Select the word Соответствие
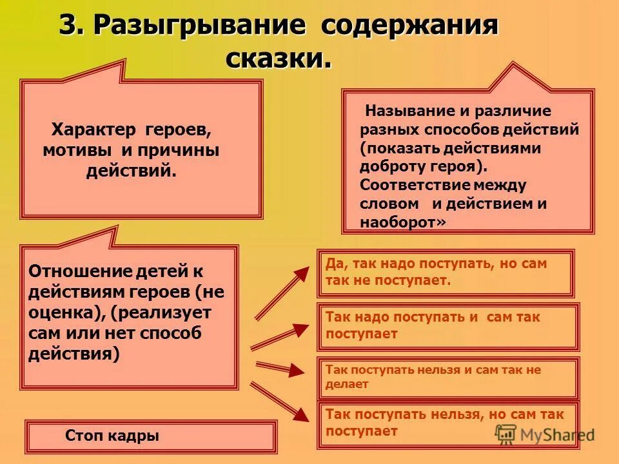(x=415, y=185)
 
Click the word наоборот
(x=398, y=222)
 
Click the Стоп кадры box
(x=151, y=436)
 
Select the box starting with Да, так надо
(x=445, y=273)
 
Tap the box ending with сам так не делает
(x=447, y=377)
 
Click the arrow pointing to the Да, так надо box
(x=282, y=293)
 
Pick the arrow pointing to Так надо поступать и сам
(x=280, y=336)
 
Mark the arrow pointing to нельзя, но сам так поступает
(x=277, y=402)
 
